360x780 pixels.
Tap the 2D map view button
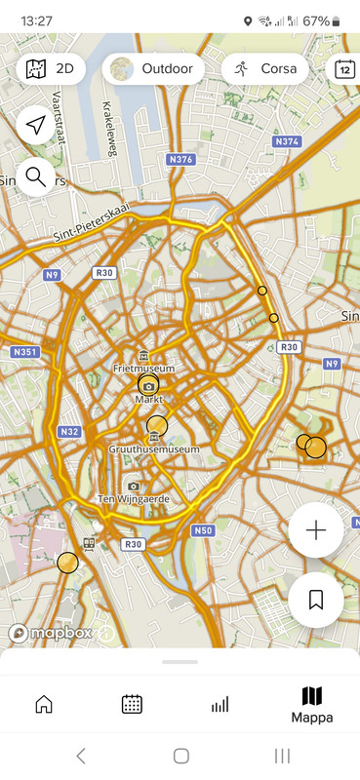[x=51, y=69]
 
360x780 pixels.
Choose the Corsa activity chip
[x=265, y=69]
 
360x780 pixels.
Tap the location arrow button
[x=36, y=126]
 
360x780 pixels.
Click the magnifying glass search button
[x=36, y=176]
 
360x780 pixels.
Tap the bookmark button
[x=315, y=600]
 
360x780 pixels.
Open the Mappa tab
[x=312, y=704]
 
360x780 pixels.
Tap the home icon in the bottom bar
[x=44, y=704]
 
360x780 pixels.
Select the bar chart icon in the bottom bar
[x=220, y=704]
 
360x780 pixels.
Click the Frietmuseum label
[x=143, y=369]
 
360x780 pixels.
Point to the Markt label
[x=148, y=400]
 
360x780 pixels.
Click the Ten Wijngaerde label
[x=134, y=498]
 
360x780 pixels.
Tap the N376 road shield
[x=181, y=160]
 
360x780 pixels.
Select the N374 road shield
[x=287, y=142]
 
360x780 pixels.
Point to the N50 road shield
[x=202, y=530]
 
